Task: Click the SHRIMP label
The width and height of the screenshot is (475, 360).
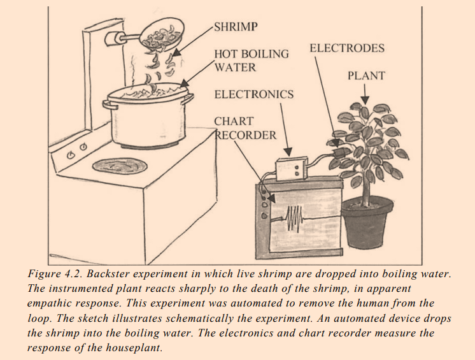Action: pyautogui.click(x=236, y=28)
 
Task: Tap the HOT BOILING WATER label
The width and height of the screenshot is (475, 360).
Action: pyautogui.click(x=251, y=60)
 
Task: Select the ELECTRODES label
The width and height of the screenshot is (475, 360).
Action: pyautogui.click(x=346, y=48)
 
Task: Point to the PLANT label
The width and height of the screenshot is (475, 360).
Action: pyautogui.click(x=366, y=76)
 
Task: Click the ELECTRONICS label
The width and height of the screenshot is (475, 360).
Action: pyautogui.click(x=253, y=94)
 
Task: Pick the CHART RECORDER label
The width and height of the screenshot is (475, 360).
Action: pyautogui.click(x=246, y=128)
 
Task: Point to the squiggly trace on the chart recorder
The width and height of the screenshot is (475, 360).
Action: pyautogui.click(x=294, y=219)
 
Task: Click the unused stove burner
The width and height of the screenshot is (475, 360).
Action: pyautogui.click(x=118, y=167)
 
